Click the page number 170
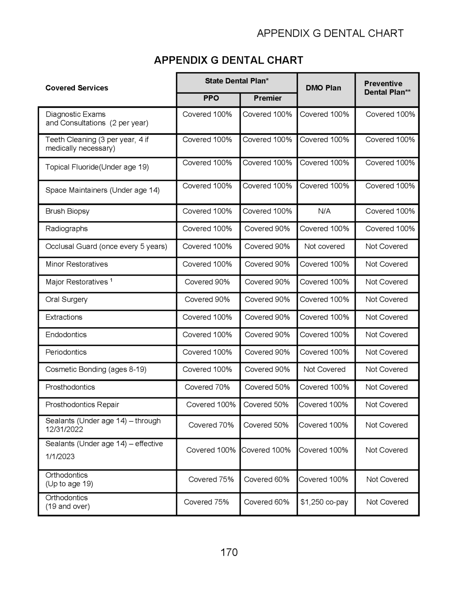point(229,552)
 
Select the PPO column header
point(211,98)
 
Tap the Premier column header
point(267,98)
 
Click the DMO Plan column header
point(323,88)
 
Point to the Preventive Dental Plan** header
point(387,88)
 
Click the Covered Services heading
point(77,88)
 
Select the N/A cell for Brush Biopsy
point(324,211)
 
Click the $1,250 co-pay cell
point(324,502)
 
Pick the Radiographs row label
point(67,229)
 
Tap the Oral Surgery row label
point(66,299)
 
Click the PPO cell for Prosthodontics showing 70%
point(207,387)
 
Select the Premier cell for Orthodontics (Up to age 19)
point(267,479)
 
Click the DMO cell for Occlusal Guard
point(324,246)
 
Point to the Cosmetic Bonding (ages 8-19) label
point(96,369)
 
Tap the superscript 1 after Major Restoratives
point(111,280)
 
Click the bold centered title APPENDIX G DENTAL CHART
point(228,60)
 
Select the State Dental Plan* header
point(237,81)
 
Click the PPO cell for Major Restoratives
point(207,282)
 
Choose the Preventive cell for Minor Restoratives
point(387,264)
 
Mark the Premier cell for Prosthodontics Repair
point(266,405)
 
